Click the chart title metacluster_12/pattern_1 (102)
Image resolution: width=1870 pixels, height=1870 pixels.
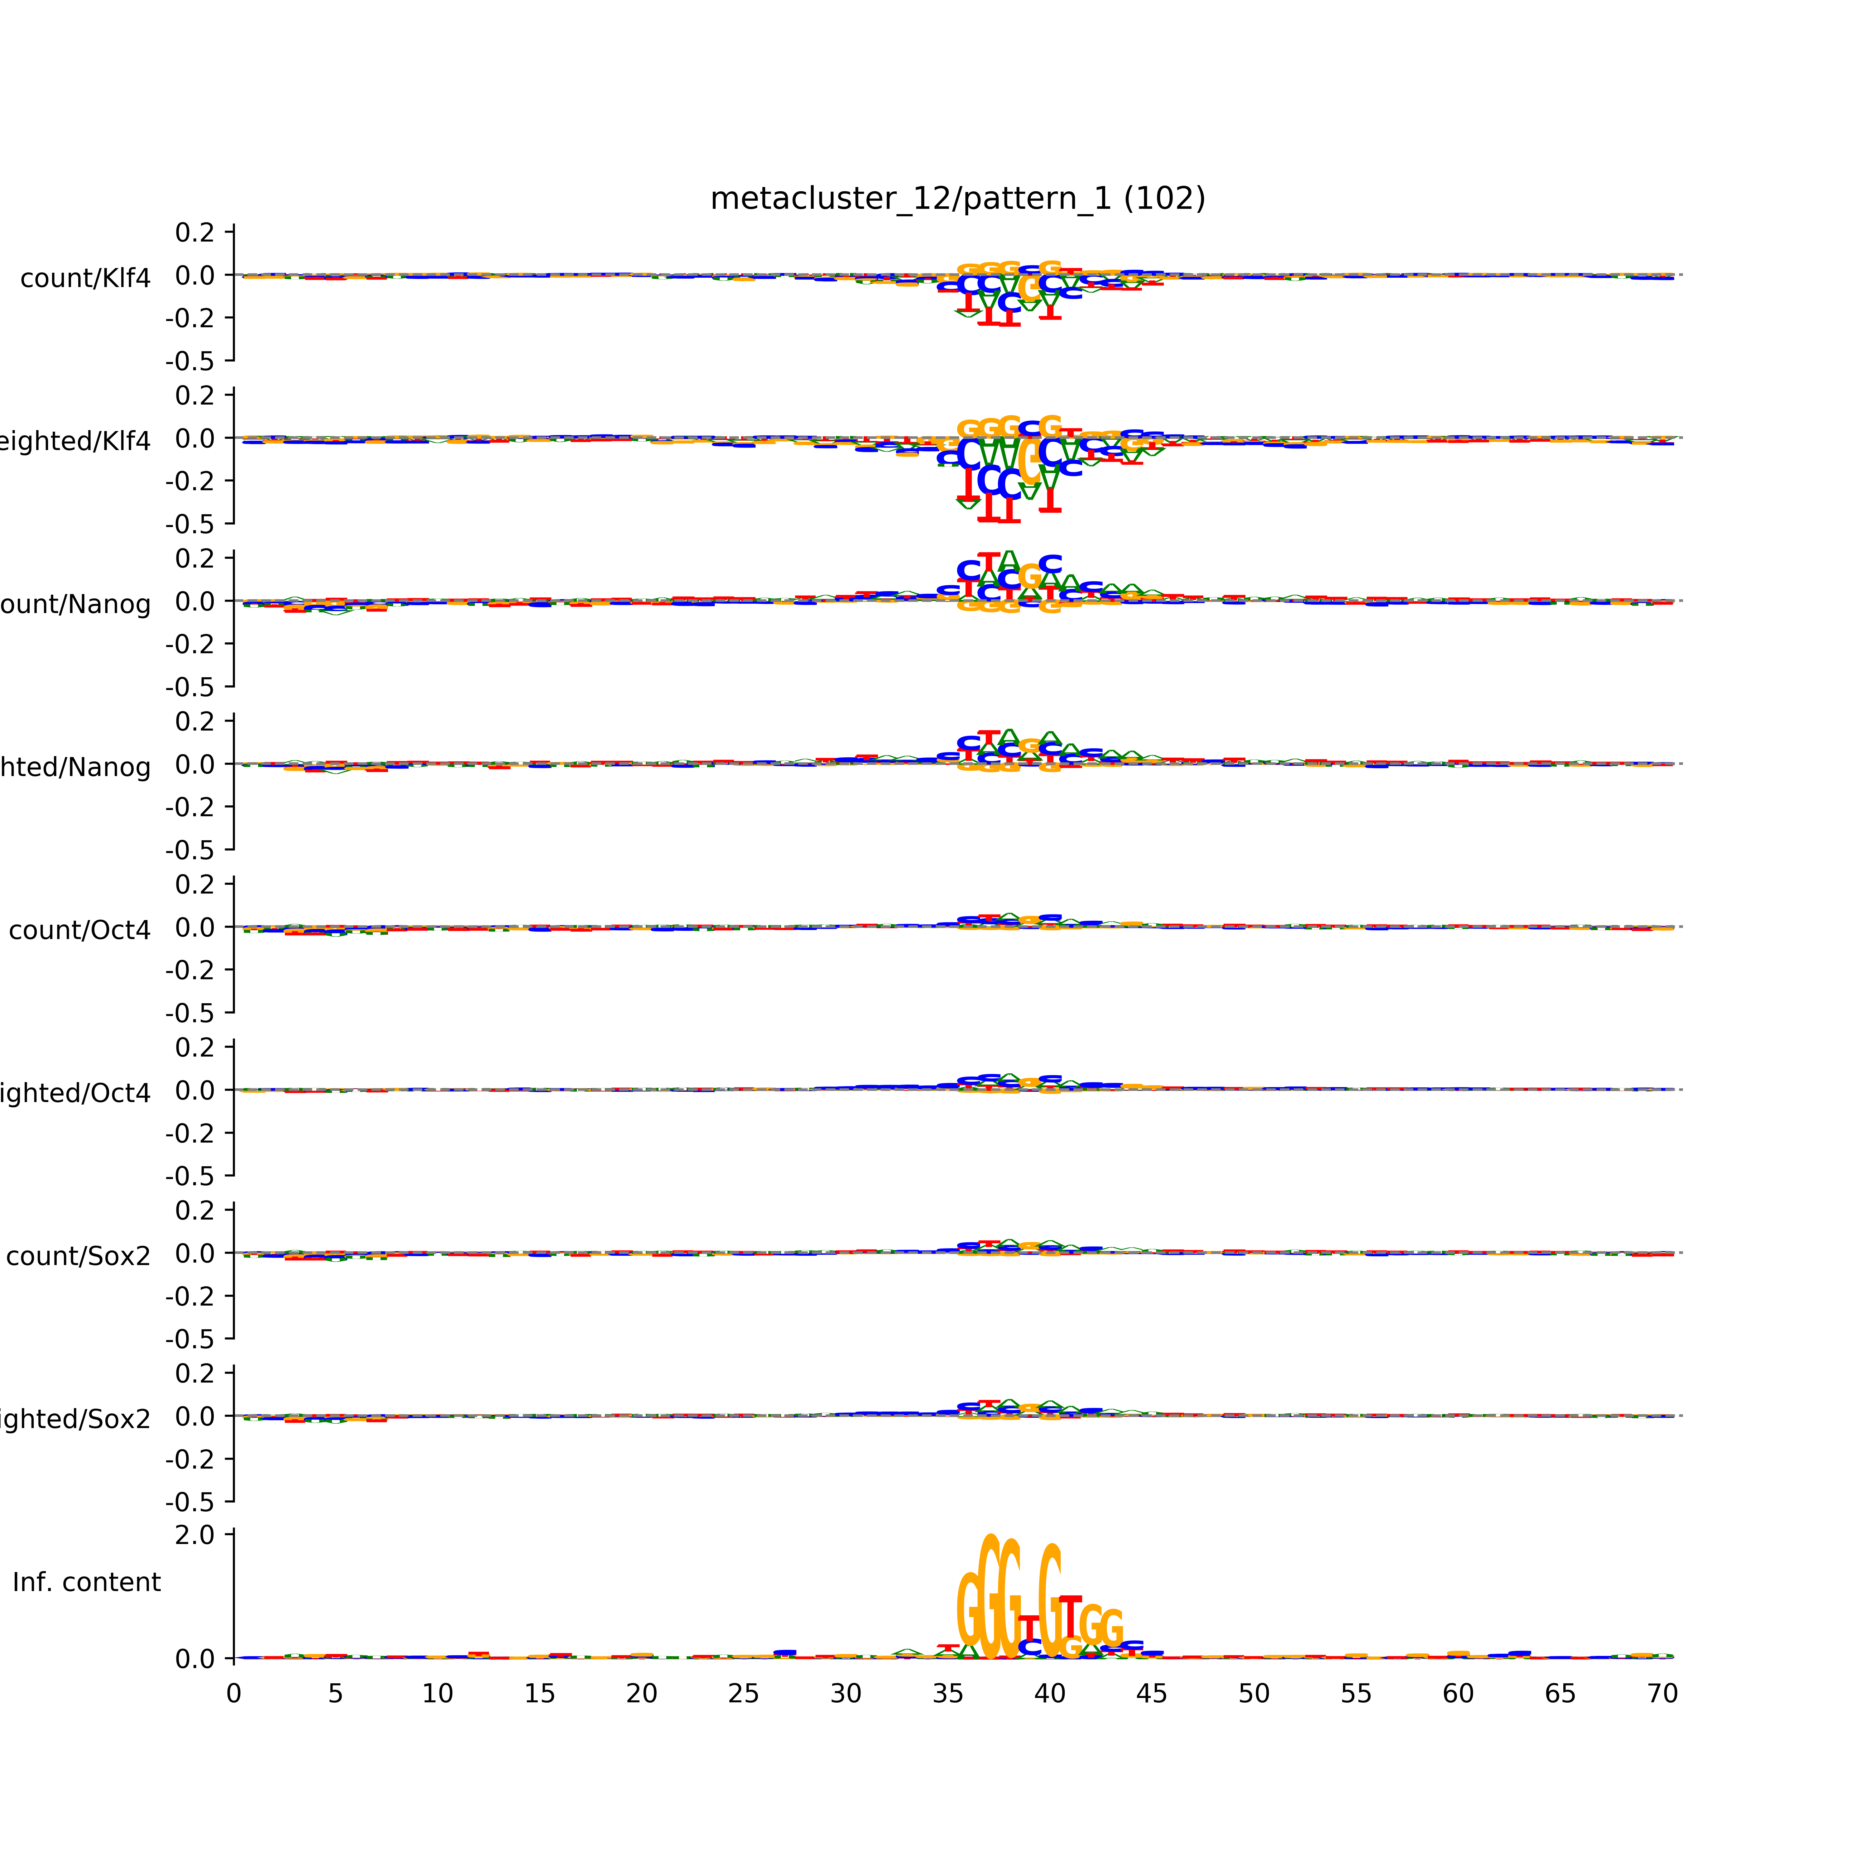(x=957, y=199)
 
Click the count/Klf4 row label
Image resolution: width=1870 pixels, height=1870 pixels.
(x=85, y=279)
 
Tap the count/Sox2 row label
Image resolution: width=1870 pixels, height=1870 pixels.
(x=79, y=1256)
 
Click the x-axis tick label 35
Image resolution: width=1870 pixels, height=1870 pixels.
(x=947, y=1694)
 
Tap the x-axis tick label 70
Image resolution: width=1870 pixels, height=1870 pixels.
(x=1662, y=1694)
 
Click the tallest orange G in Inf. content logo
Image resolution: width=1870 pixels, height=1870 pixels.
(x=989, y=1597)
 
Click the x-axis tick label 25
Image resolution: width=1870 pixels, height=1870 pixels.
(x=743, y=1694)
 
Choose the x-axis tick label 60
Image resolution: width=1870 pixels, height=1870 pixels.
(x=1458, y=1694)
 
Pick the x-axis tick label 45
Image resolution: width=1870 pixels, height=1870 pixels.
(x=1152, y=1694)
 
